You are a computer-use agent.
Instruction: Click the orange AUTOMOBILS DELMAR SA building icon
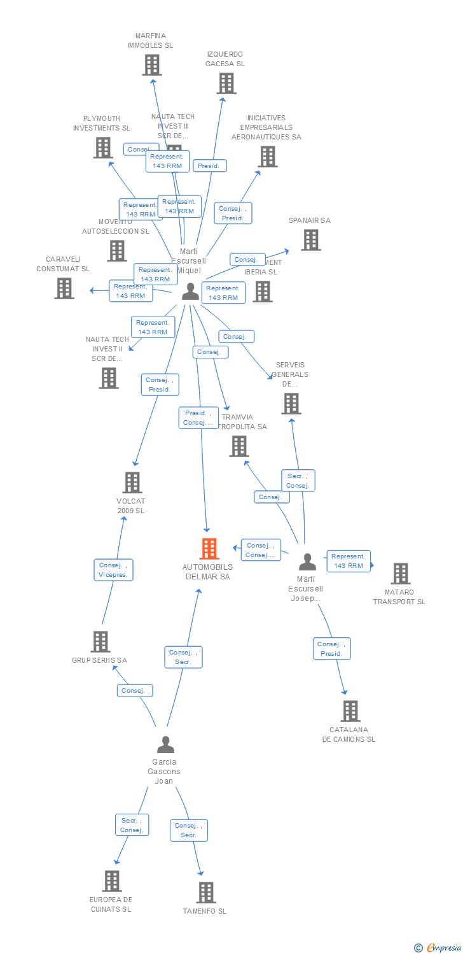click(x=209, y=548)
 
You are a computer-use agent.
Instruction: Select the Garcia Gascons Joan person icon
click(x=165, y=744)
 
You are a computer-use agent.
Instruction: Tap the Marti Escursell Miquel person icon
click(x=190, y=291)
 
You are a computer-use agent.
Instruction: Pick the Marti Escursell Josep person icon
click(x=307, y=562)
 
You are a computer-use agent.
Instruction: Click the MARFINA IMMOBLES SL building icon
click(x=151, y=64)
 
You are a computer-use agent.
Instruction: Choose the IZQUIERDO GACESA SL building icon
click(x=226, y=83)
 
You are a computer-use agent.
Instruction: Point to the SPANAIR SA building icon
click(x=310, y=240)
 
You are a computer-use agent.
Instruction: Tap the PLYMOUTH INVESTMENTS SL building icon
click(x=102, y=148)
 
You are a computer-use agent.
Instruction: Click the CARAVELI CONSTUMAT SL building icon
click(x=64, y=288)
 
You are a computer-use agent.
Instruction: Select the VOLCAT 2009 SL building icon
click(x=132, y=482)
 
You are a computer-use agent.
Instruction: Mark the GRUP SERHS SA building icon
click(x=100, y=641)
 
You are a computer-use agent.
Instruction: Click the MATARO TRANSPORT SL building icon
click(x=400, y=573)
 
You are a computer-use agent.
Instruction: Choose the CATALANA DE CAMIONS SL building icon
click(x=350, y=711)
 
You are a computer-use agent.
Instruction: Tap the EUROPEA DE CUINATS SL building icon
click(x=111, y=881)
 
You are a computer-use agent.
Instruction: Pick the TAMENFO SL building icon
click(x=205, y=892)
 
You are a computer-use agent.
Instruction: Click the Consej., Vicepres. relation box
click(x=114, y=570)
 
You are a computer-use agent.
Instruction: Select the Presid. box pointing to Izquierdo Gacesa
click(x=209, y=166)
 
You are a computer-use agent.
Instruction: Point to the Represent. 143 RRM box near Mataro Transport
click(x=349, y=561)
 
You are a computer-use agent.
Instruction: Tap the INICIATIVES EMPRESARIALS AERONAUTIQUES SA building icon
click(x=268, y=156)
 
